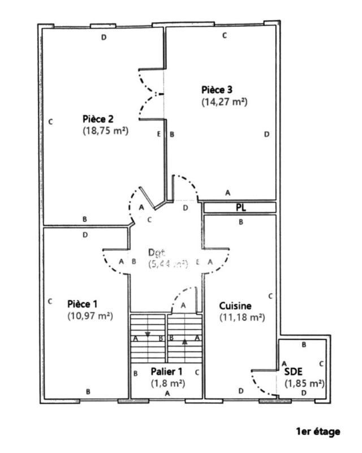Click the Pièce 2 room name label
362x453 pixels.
[98, 119]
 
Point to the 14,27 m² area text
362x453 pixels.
[225, 102]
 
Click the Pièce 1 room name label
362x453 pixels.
[82, 304]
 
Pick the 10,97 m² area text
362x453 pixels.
[89, 315]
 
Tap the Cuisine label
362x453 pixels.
[235, 306]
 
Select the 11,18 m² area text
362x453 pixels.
[242, 318]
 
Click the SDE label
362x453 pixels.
[293, 371]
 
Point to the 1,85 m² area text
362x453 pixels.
[304, 383]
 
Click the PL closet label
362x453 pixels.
[241, 208]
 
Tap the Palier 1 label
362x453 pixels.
[166, 371]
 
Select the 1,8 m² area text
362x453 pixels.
[166, 383]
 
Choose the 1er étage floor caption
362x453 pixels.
[318, 431]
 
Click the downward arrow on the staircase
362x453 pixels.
[148, 334]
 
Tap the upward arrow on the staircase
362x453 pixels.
[184, 341]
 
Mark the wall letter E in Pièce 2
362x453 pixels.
[158, 134]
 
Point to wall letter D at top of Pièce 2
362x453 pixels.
[103, 37]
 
